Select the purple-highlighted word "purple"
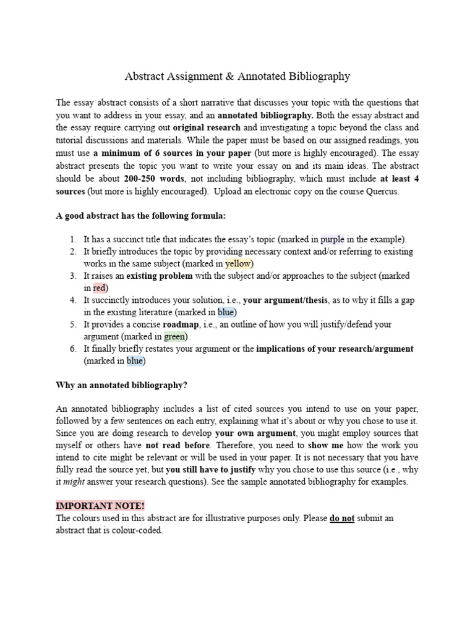pos(333,239)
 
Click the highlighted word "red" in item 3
pos(100,287)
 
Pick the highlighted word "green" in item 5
pos(175,336)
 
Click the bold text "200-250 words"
pos(153,179)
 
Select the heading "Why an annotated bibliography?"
pos(121,385)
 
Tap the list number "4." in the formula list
pos(73,300)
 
